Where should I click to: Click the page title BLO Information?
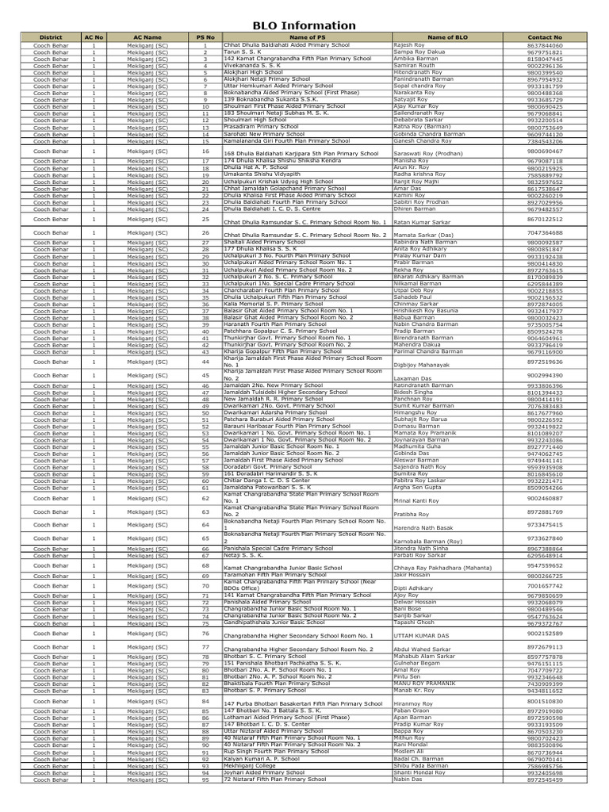tap(304, 25)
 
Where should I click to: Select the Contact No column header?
tap(545, 37)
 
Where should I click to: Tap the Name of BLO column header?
tap(446, 37)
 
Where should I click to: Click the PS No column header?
tap(205, 37)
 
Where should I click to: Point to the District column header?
tap(50, 37)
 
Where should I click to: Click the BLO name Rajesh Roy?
tap(409, 45)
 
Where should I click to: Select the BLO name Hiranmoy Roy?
tap(414, 703)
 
